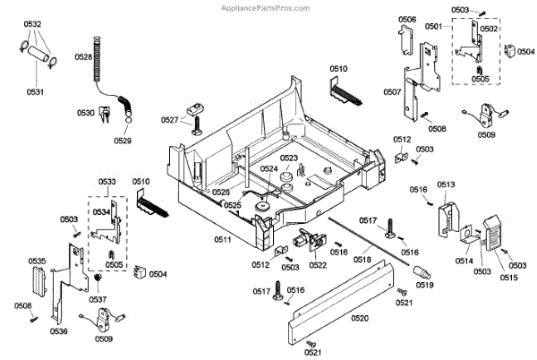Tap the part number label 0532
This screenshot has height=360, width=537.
coord(33,24)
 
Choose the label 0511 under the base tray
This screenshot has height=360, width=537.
coord(223,239)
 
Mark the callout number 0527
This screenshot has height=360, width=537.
coord(169,119)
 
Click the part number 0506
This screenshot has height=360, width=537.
coord(406,19)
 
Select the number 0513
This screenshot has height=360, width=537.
coord(446,184)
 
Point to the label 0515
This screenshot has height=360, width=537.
coord(508,278)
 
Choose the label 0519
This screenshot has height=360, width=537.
coord(424,286)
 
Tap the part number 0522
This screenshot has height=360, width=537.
coord(318,265)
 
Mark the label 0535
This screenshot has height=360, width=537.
coord(37,261)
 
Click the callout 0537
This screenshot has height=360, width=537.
coord(98,299)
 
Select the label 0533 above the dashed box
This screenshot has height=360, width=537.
coord(107,182)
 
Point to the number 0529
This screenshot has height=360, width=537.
coord(122,141)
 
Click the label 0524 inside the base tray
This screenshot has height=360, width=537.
coord(269,168)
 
